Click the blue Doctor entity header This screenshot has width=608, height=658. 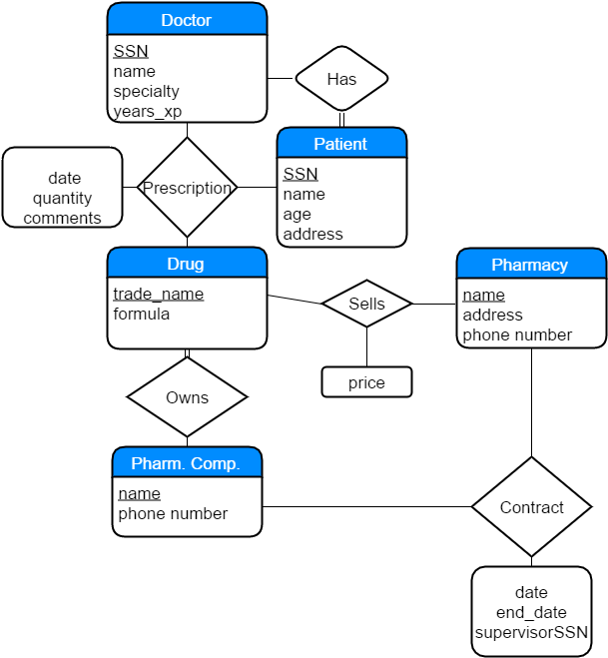[187, 20]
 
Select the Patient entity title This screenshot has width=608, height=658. [341, 144]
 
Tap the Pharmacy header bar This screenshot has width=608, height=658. [530, 265]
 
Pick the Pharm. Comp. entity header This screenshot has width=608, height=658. [187, 463]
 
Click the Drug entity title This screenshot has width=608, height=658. [187, 264]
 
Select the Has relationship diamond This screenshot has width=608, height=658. [341, 79]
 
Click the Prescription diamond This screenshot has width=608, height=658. [187, 188]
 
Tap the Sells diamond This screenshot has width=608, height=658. [366, 304]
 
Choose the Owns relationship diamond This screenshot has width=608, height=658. [187, 397]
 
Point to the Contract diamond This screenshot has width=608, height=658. [531, 507]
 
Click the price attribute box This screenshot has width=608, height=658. [366, 382]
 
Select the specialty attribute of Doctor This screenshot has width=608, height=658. [146, 91]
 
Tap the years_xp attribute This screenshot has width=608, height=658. [147, 111]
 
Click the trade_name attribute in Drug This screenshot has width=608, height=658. [158, 294]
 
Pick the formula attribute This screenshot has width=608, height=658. [141, 314]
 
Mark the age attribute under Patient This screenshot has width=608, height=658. [297, 214]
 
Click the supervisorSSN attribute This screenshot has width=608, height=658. [531, 632]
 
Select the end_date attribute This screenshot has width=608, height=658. [531, 612]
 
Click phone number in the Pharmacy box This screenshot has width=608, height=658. [516, 334]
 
